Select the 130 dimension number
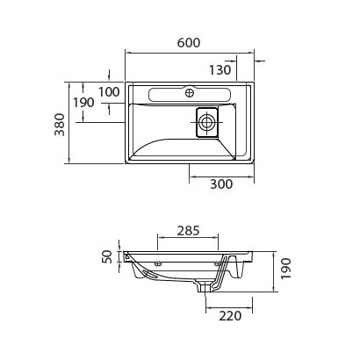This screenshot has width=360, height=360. click(220, 69)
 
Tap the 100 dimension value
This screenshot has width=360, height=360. click(109, 91)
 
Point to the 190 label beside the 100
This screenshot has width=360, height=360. click(83, 103)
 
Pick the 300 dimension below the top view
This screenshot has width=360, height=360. click(222, 184)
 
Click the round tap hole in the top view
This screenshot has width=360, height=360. click(190, 91)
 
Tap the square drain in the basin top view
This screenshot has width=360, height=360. click(206, 122)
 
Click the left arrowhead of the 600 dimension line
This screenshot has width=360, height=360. click(129, 52)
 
